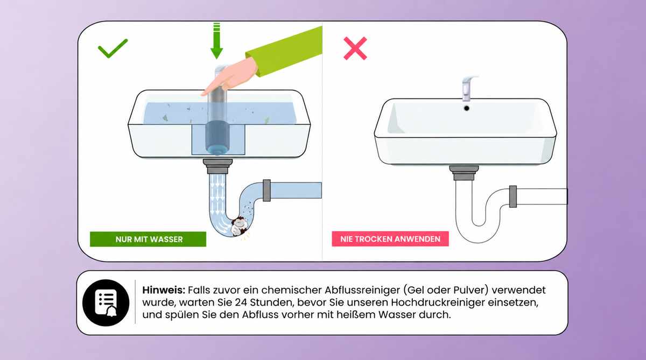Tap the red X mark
(x=355, y=48)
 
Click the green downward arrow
(x=216, y=41)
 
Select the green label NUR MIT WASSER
(x=148, y=239)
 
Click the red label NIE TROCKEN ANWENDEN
(x=390, y=239)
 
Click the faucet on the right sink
(x=468, y=88)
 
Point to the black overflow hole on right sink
(x=466, y=108)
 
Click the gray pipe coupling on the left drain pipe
(x=267, y=190)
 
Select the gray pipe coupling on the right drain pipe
(x=512, y=196)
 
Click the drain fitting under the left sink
(x=217, y=166)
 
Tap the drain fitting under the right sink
(x=464, y=173)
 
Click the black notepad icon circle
(x=106, y=302)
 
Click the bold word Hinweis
(x=164, y=290)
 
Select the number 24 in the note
(x=241, y=302)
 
